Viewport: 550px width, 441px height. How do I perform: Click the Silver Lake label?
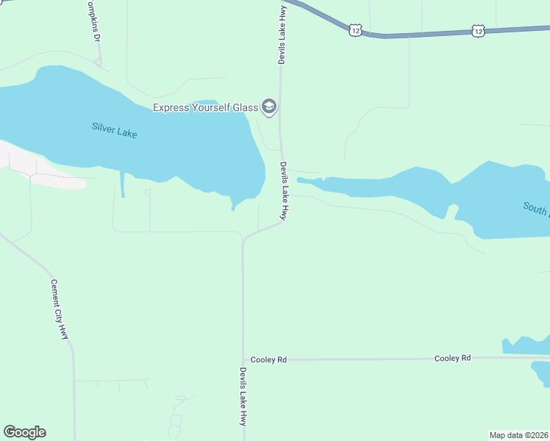pos(115,130)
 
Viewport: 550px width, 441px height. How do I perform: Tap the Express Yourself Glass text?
pos(205,108)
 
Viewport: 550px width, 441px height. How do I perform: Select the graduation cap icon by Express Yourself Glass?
pos(268,108)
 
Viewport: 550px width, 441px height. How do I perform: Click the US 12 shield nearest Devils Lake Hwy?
pos(356,30)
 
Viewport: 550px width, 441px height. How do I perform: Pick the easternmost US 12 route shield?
pos(479,31)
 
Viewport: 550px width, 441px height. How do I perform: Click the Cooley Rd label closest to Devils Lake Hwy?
pos(268,359)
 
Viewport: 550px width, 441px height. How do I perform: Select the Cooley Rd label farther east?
pos(452,358)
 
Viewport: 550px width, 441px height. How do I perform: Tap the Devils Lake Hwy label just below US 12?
pos(281,35)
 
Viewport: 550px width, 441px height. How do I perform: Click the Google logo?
pos(24,432)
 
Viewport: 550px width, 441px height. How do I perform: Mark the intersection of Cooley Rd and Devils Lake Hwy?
pos(243,359)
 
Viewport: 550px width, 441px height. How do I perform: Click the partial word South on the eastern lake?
pos(536,208)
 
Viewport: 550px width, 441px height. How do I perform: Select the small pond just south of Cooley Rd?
pos(540,373)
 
